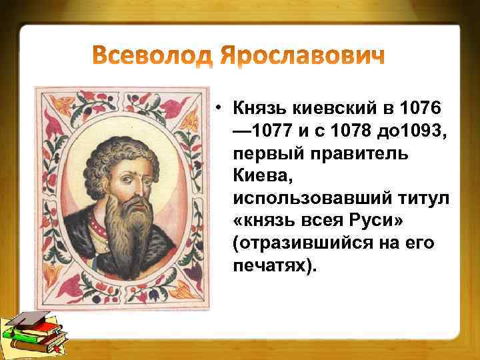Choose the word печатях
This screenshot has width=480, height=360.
(269, 267)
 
